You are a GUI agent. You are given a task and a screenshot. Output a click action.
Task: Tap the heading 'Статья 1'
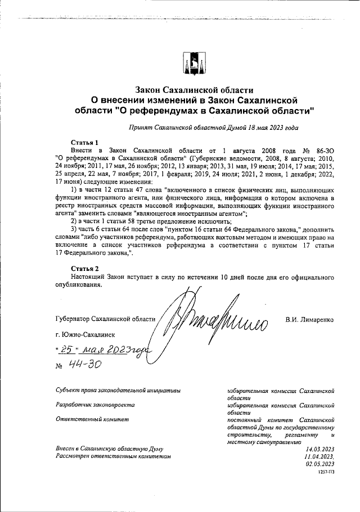tap(85, 143)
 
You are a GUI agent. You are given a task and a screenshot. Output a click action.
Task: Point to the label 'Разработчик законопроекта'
tap(95, 404)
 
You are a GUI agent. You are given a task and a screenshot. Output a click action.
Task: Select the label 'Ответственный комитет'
tap(92, 419)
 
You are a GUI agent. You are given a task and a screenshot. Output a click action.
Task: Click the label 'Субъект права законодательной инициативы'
tap(118, 389)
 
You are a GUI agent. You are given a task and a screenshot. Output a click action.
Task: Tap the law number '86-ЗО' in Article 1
tap(325, 151)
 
